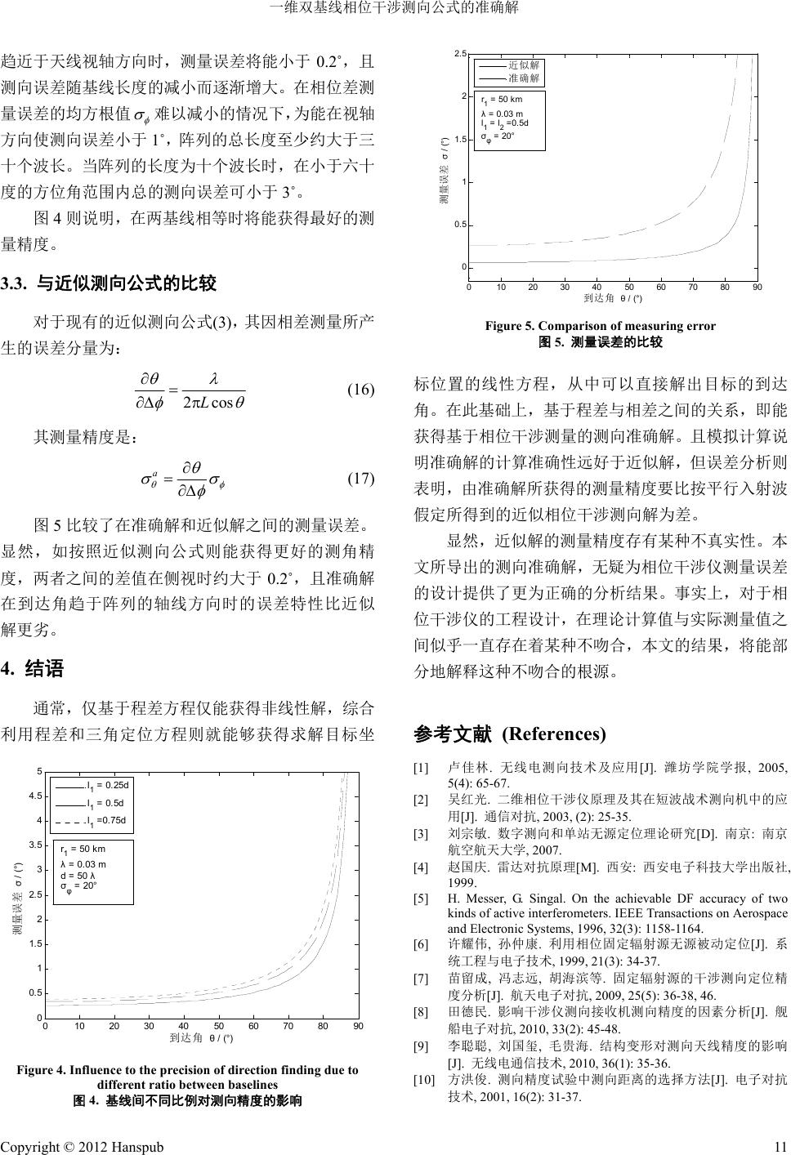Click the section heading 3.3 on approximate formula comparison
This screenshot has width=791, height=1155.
109,284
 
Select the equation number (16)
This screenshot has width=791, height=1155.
360,389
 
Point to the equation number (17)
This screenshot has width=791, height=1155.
360,479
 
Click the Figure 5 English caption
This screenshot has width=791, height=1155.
600,326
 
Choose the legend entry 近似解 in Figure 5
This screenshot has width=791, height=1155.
523,65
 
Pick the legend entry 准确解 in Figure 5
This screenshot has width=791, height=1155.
523,78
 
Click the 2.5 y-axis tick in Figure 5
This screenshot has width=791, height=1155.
460,53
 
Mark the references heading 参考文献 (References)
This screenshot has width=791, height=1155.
510,734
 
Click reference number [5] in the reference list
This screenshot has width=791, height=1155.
421,899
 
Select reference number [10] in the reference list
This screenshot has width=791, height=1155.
424,1080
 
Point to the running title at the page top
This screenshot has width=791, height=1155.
395,9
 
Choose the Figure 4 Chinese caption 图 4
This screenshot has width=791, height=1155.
188,1100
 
